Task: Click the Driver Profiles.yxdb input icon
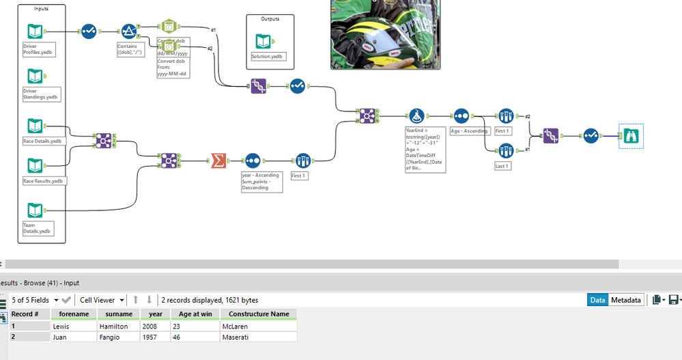(35, 31)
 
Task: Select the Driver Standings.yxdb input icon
(35, 76)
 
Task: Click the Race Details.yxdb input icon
(35, 126)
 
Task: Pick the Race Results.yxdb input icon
(35, 166)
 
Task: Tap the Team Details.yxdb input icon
(35, 210)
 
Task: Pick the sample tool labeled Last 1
(505, 150)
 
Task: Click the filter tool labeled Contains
(128, 31)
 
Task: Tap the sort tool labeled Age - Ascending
(461, 115)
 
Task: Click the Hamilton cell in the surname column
(117, 326)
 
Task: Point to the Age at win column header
(195, 314)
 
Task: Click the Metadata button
(625, 300)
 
